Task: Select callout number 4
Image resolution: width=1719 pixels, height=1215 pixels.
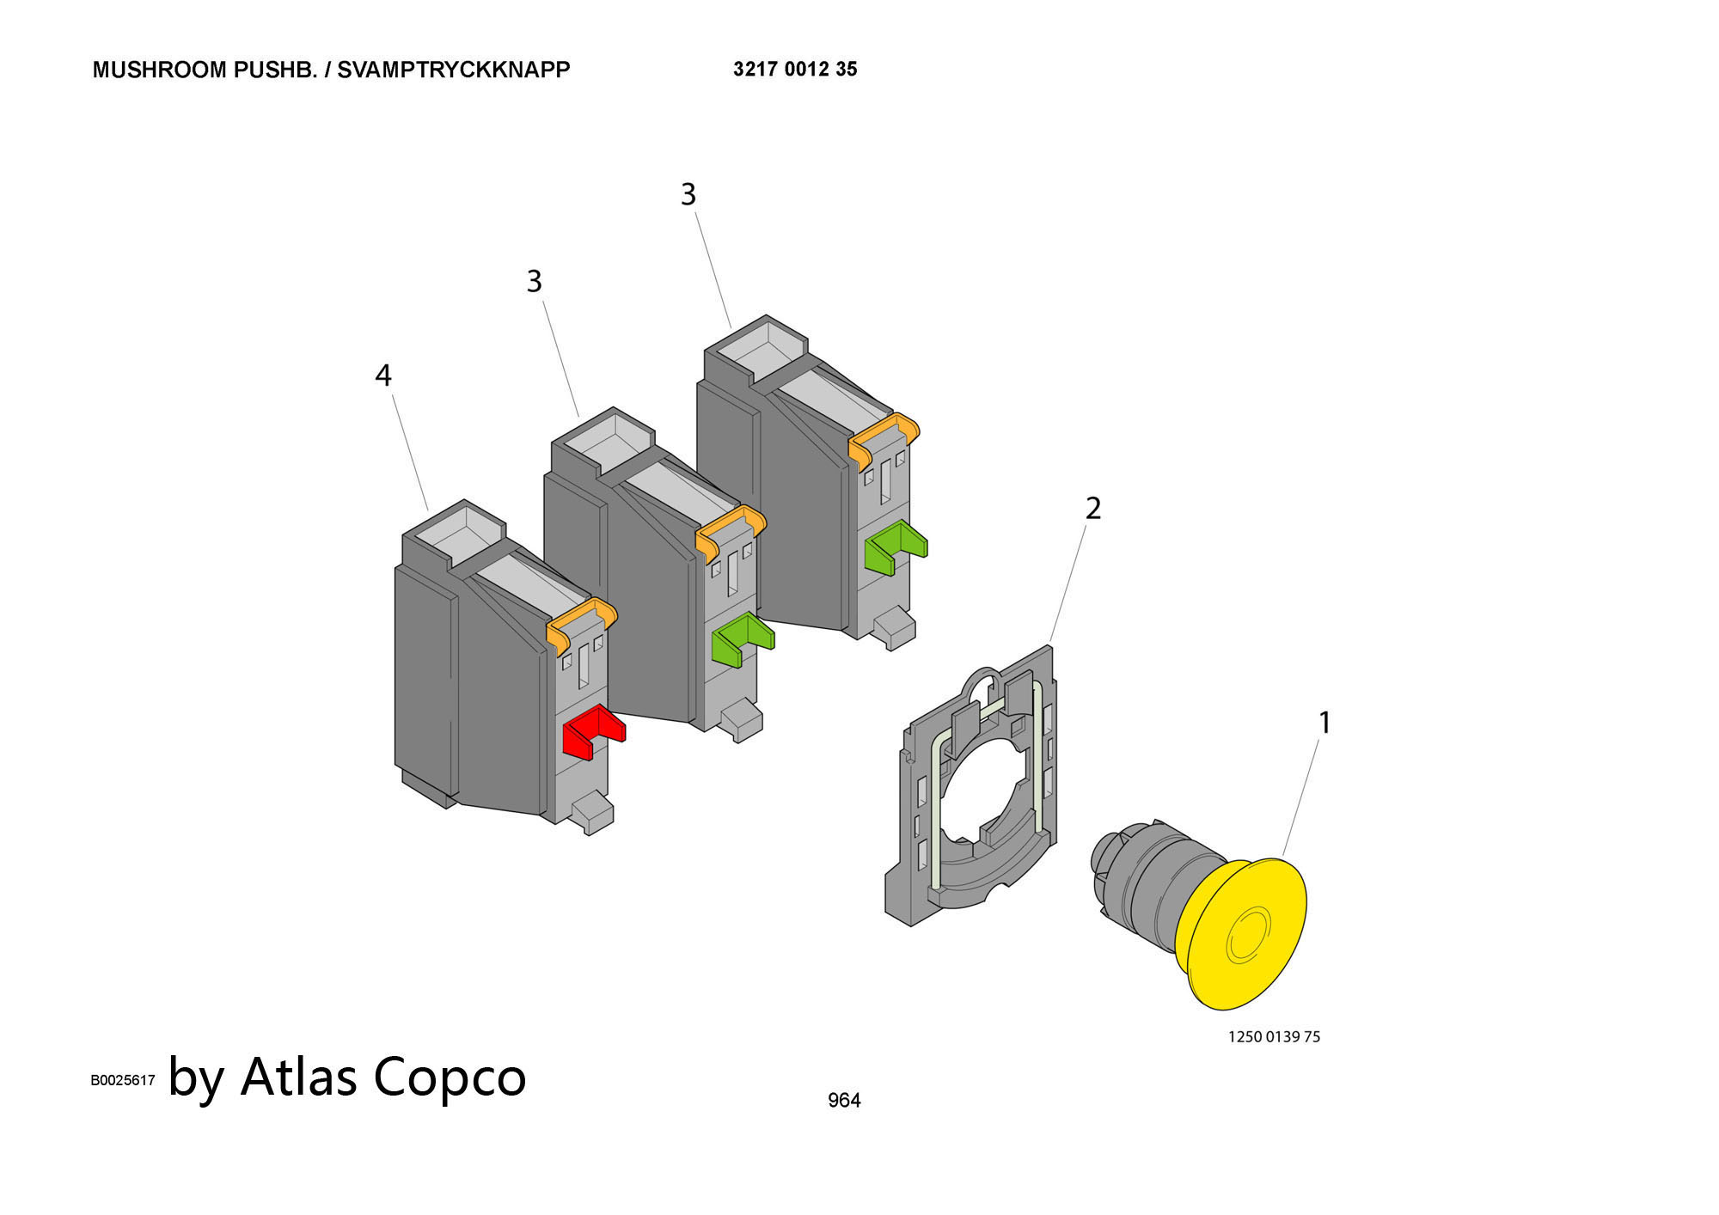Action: pos(383,375)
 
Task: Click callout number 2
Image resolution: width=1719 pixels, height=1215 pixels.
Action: pos(1093,509)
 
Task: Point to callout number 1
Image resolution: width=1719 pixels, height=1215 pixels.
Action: pos(1324,723)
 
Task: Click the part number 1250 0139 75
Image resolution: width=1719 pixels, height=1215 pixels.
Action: pos(1274,1036)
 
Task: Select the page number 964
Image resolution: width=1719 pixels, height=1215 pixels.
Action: pos(844,1100)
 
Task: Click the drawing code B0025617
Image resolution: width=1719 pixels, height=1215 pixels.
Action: pos(123,1080)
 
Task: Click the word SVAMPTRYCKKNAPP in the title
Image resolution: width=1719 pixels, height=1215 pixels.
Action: pos(453,70)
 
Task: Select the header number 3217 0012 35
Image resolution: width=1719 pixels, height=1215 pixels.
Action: pos(795,69)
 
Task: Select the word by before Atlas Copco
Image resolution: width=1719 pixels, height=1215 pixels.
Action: pos(197,1078)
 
